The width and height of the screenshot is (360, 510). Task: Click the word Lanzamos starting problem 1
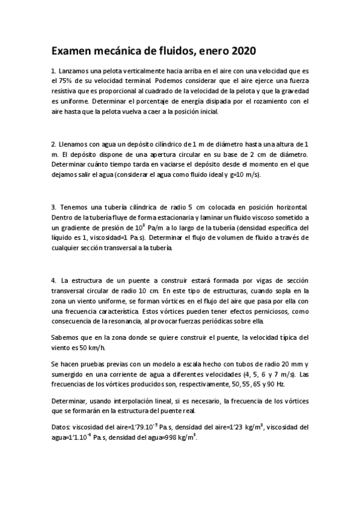pyautogui.click(x=76, y=71)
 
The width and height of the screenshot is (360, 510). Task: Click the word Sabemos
pyautogui.click(x=66, y=337)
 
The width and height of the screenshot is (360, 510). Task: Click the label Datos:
pyautogui.click(x=63, y=428)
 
